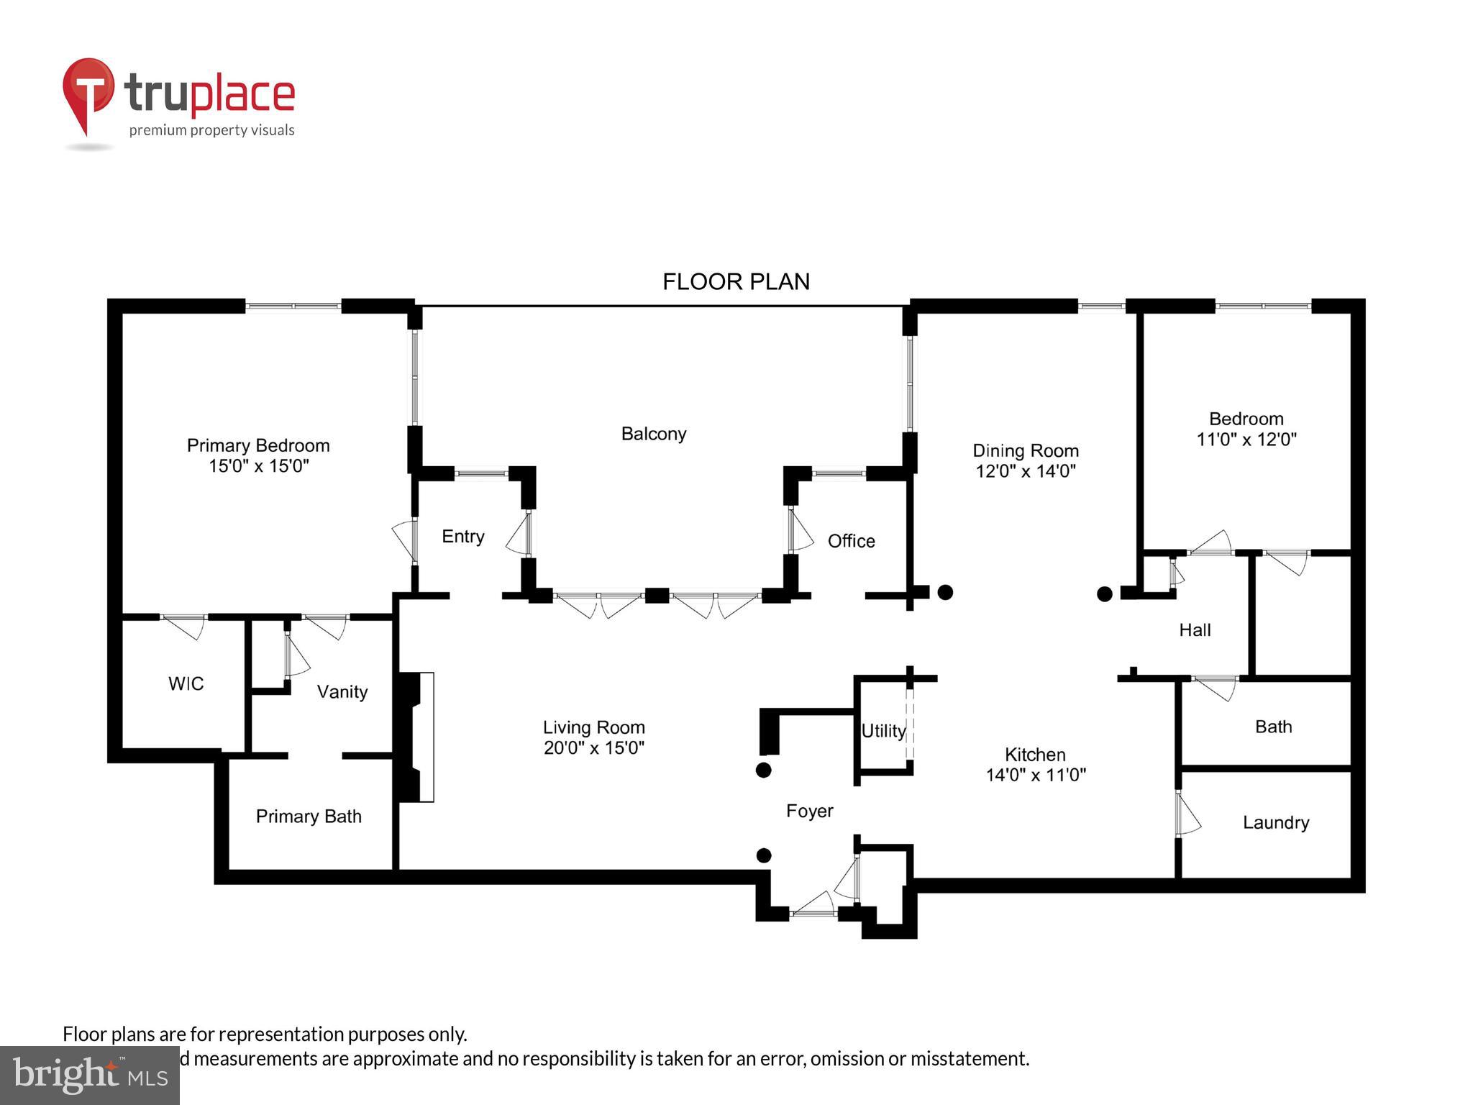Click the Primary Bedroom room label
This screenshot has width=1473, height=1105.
point(258,445)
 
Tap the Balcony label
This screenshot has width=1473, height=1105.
point(653,434)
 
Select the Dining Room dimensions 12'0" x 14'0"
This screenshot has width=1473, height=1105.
point(1025,471)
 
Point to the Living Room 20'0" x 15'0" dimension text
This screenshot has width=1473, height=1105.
point(593,748)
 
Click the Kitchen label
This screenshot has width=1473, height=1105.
point(1034,755)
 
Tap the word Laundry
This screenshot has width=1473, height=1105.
point(1275,822)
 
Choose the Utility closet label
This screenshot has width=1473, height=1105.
point(883,731)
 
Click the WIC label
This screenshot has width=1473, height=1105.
point(186,683)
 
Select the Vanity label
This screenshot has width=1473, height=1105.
point(342,692)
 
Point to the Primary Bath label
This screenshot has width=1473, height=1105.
point(309,817)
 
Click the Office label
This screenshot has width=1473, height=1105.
point(851,541)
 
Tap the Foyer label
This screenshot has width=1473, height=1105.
point(809,811)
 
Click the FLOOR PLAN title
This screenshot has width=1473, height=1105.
point(736,281)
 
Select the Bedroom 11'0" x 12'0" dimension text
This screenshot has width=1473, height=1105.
point(1246,439)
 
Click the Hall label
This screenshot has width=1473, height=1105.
point(1195,630)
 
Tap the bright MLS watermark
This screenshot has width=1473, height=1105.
point(89,1075)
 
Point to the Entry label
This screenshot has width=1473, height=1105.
point(462,537)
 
